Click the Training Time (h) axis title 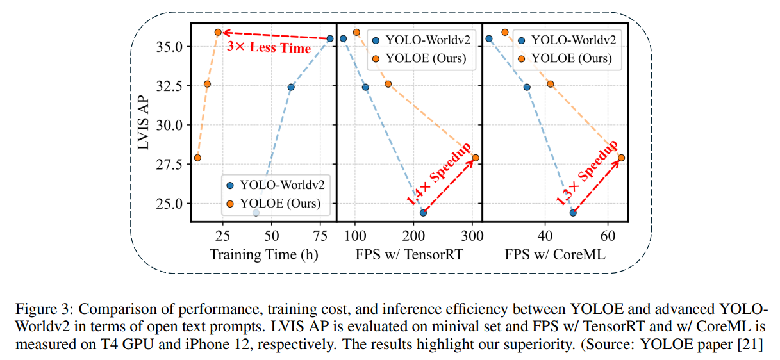(264, 254)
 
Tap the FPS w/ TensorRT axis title (410, 254)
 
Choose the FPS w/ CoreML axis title (554, 254)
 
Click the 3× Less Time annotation (269, 48)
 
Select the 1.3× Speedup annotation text (587, 173)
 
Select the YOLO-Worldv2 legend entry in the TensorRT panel (420, 40)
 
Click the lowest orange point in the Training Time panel (197, 158)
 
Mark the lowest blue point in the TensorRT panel (423, 212)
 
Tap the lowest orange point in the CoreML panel (620, 158)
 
